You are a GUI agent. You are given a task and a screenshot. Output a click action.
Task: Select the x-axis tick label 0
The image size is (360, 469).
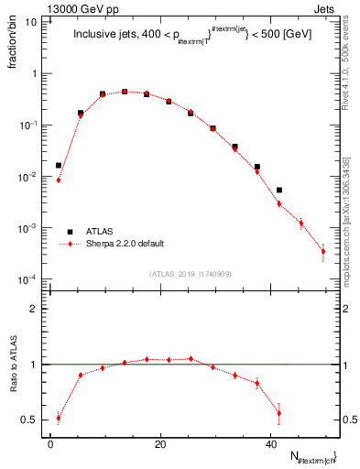click(51, 444)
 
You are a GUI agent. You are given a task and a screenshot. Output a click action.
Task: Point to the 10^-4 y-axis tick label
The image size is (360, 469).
click(31, 278)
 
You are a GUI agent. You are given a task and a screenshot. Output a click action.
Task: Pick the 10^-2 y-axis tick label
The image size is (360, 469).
click(31, 176)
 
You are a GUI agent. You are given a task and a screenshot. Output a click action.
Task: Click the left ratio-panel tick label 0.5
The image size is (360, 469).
click(32, 420)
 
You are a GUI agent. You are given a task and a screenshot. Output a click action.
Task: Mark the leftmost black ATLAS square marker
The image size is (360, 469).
click(59, 166)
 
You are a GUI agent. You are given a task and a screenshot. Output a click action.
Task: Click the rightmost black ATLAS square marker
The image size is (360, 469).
click(279, 191)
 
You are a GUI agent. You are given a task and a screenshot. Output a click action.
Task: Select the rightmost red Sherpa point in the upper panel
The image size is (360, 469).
click(323, 251)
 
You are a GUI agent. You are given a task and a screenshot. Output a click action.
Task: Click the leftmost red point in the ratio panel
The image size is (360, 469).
click(59, 418)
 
